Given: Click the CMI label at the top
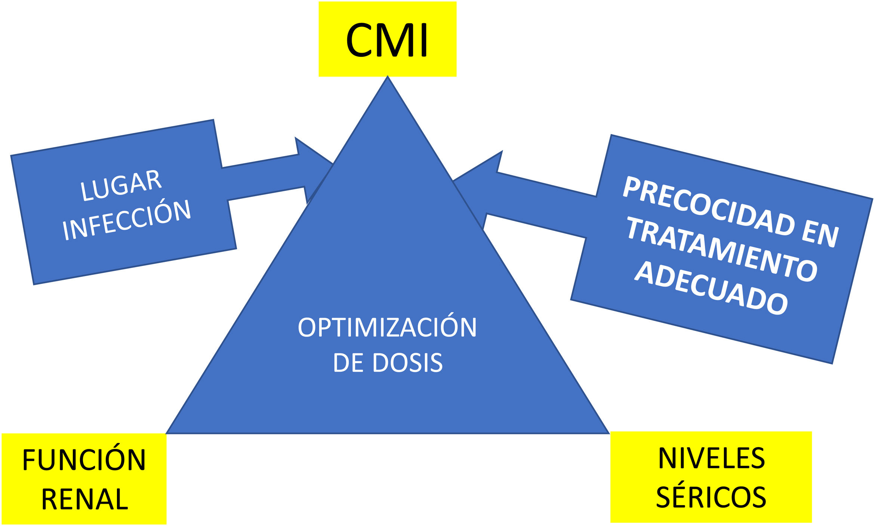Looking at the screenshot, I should pyautogui.click(x=387, y=40).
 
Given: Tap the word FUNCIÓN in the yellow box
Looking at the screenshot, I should pyautogui.click(x=84, y=460).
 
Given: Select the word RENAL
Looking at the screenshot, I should pyautogui.click(x=84, y=499).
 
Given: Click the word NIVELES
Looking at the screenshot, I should pyautogui.click(x=711, y=458).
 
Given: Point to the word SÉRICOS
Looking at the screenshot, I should pyautogui.click(x=711, y=497).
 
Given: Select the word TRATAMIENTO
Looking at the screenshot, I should pyautogui.click(x=721, y=249).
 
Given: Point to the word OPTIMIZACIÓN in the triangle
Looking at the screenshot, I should pyautogui.click(x=387, y=328).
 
